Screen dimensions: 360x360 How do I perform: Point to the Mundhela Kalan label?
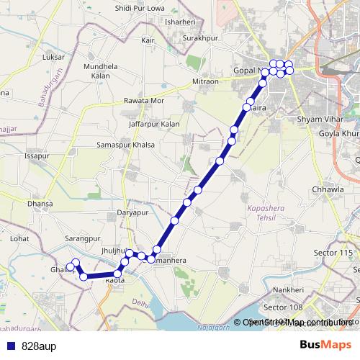100,71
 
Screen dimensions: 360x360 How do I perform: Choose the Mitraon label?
205,81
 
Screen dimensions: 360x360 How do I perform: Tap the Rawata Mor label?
144,101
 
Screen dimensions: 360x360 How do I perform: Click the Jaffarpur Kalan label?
155,124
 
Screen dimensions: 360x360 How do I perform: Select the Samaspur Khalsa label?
126,145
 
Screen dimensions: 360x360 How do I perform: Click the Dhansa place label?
40,204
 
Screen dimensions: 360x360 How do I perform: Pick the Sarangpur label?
81,238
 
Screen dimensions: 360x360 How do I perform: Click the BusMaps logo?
326,345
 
